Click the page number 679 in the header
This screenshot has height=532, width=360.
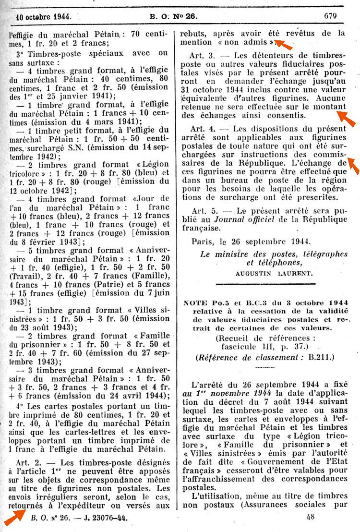coord(330,15)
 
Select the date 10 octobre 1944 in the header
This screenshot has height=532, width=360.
coord(44,16)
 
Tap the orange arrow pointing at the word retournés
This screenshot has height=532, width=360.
coord(15,517)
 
